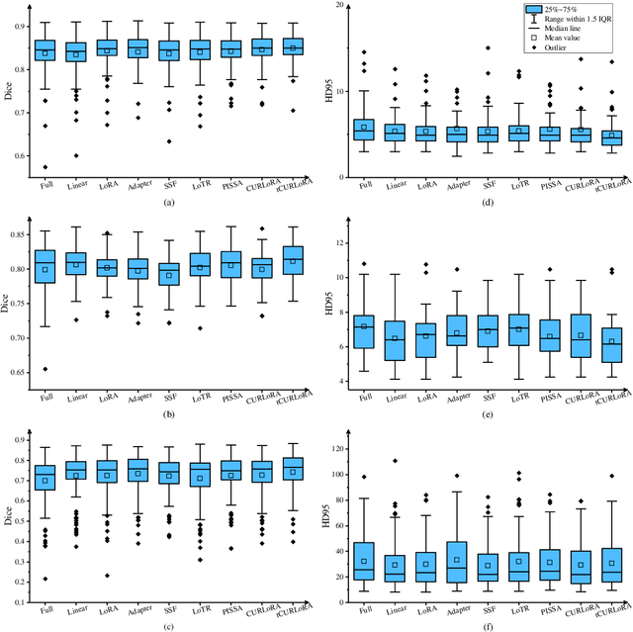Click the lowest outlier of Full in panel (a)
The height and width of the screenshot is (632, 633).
(45, 166)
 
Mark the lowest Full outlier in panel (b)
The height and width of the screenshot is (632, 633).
(45, 369)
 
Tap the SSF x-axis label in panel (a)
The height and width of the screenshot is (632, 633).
(169, 188)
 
